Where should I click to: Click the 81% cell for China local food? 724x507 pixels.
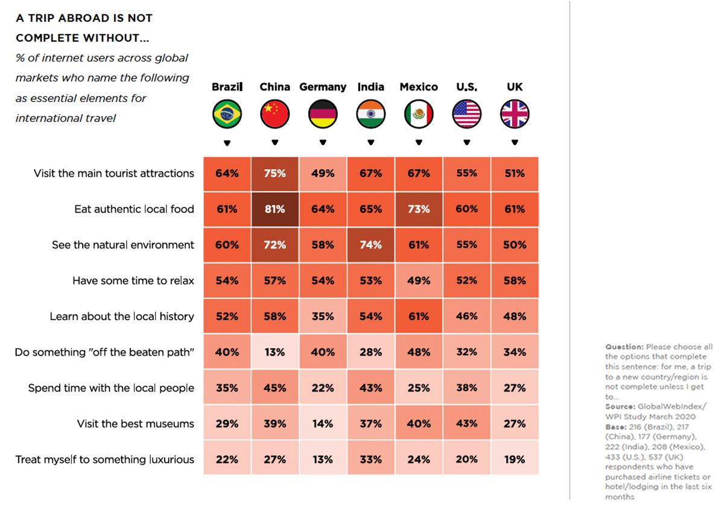click(275, 209)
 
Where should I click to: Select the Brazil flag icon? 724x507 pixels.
click(227, 115)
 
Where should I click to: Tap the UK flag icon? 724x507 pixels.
click(515, 115)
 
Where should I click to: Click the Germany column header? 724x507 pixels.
click(323, 87)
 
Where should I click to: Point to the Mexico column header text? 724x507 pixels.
click(419, 87)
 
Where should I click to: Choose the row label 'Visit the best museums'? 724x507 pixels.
click(136, 424)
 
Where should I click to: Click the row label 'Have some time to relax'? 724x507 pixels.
click(133, 281)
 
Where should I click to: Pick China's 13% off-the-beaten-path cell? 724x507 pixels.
click(275, 352)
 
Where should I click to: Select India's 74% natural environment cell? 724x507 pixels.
click(370, 245)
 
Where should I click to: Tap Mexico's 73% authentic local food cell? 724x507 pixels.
click(419, 209)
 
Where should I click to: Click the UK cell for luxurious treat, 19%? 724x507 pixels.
click(515, 459)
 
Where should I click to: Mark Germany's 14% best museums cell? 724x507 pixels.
click(323, 424)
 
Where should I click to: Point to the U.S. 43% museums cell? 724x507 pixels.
click(466, 424)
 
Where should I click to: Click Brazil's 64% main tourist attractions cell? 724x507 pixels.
click(227, 173)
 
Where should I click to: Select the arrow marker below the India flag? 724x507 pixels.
click(370, 143)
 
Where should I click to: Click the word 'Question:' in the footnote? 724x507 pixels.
click(624, 347)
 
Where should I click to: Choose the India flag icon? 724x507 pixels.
click(370, 115)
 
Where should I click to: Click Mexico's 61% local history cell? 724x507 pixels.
click(419, 316)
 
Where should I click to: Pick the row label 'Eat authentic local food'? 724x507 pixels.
click(134, 209)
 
